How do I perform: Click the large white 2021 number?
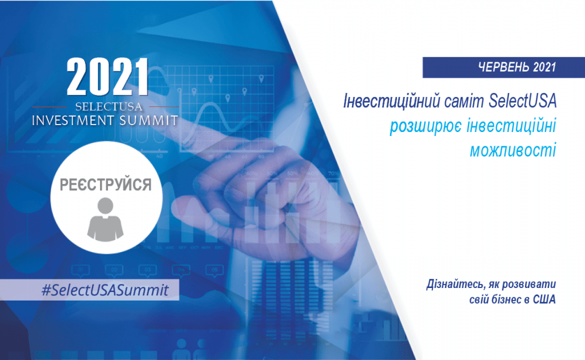[x=107, y=77]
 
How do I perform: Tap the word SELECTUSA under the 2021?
[x=109, y=107]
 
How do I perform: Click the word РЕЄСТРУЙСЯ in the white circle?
[x=106, y=185]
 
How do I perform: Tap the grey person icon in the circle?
[x=105, y=219]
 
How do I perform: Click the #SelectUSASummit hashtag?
[x=105, y=290]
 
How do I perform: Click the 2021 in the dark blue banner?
[x=544, y=67]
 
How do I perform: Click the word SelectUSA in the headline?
[x=523, y=101]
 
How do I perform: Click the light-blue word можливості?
[x=513, y=150]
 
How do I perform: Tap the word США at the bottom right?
[x=544, y=299]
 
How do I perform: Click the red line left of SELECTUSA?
[x=50, y=107]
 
